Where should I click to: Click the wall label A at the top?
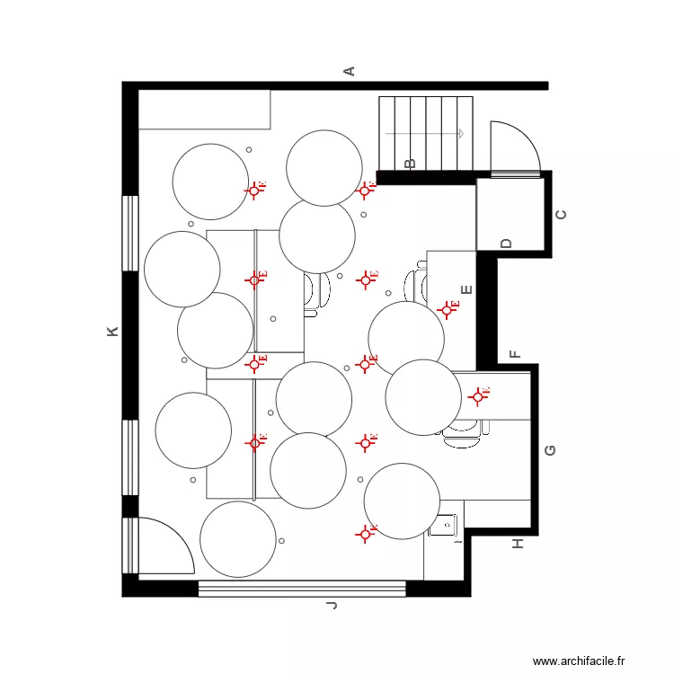350,71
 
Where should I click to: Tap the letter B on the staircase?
410,164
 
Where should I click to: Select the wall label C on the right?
562,215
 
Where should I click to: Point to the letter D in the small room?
506,244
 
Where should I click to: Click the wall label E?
466,289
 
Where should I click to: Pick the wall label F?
514,354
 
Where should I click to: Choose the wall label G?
550,449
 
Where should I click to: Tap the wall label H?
517,544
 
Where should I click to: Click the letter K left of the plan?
112,332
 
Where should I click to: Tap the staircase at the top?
426,133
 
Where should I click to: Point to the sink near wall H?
444,524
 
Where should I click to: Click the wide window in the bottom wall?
302,589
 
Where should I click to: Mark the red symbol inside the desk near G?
476,395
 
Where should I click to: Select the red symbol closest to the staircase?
365,191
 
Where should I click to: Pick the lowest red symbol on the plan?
365,534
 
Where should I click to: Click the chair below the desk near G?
462,434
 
